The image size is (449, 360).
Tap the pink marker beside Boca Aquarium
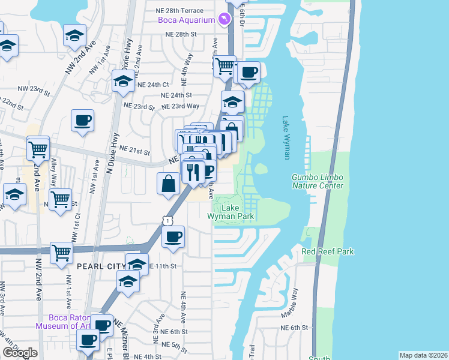coord(224,20)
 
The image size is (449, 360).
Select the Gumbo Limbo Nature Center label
coord(318,181)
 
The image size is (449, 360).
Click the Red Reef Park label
coord(328,251)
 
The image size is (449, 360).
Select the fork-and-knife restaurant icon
coord(193,172)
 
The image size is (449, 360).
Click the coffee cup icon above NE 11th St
coord(173,236)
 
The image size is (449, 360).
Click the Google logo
coord(20,353)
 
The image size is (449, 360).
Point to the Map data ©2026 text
coord(423,355)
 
